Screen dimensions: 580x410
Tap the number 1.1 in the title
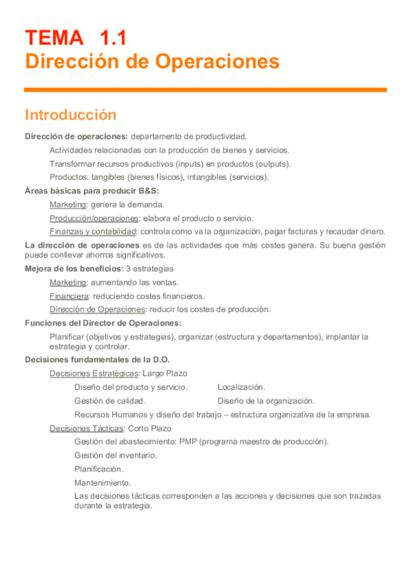112,38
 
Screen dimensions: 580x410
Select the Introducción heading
71,115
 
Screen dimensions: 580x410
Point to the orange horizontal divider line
205,90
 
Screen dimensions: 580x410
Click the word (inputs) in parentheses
195,163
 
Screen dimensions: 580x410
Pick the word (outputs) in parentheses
272,163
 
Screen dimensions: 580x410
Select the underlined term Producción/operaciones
94,218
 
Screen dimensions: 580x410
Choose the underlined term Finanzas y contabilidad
93,231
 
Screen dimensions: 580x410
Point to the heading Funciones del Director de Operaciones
103,323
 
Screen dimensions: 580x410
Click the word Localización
242,387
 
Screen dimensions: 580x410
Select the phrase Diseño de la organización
266,401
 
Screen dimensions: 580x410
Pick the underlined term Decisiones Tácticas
87,428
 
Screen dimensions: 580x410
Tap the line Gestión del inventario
116,455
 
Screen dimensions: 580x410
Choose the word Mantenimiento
103,483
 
